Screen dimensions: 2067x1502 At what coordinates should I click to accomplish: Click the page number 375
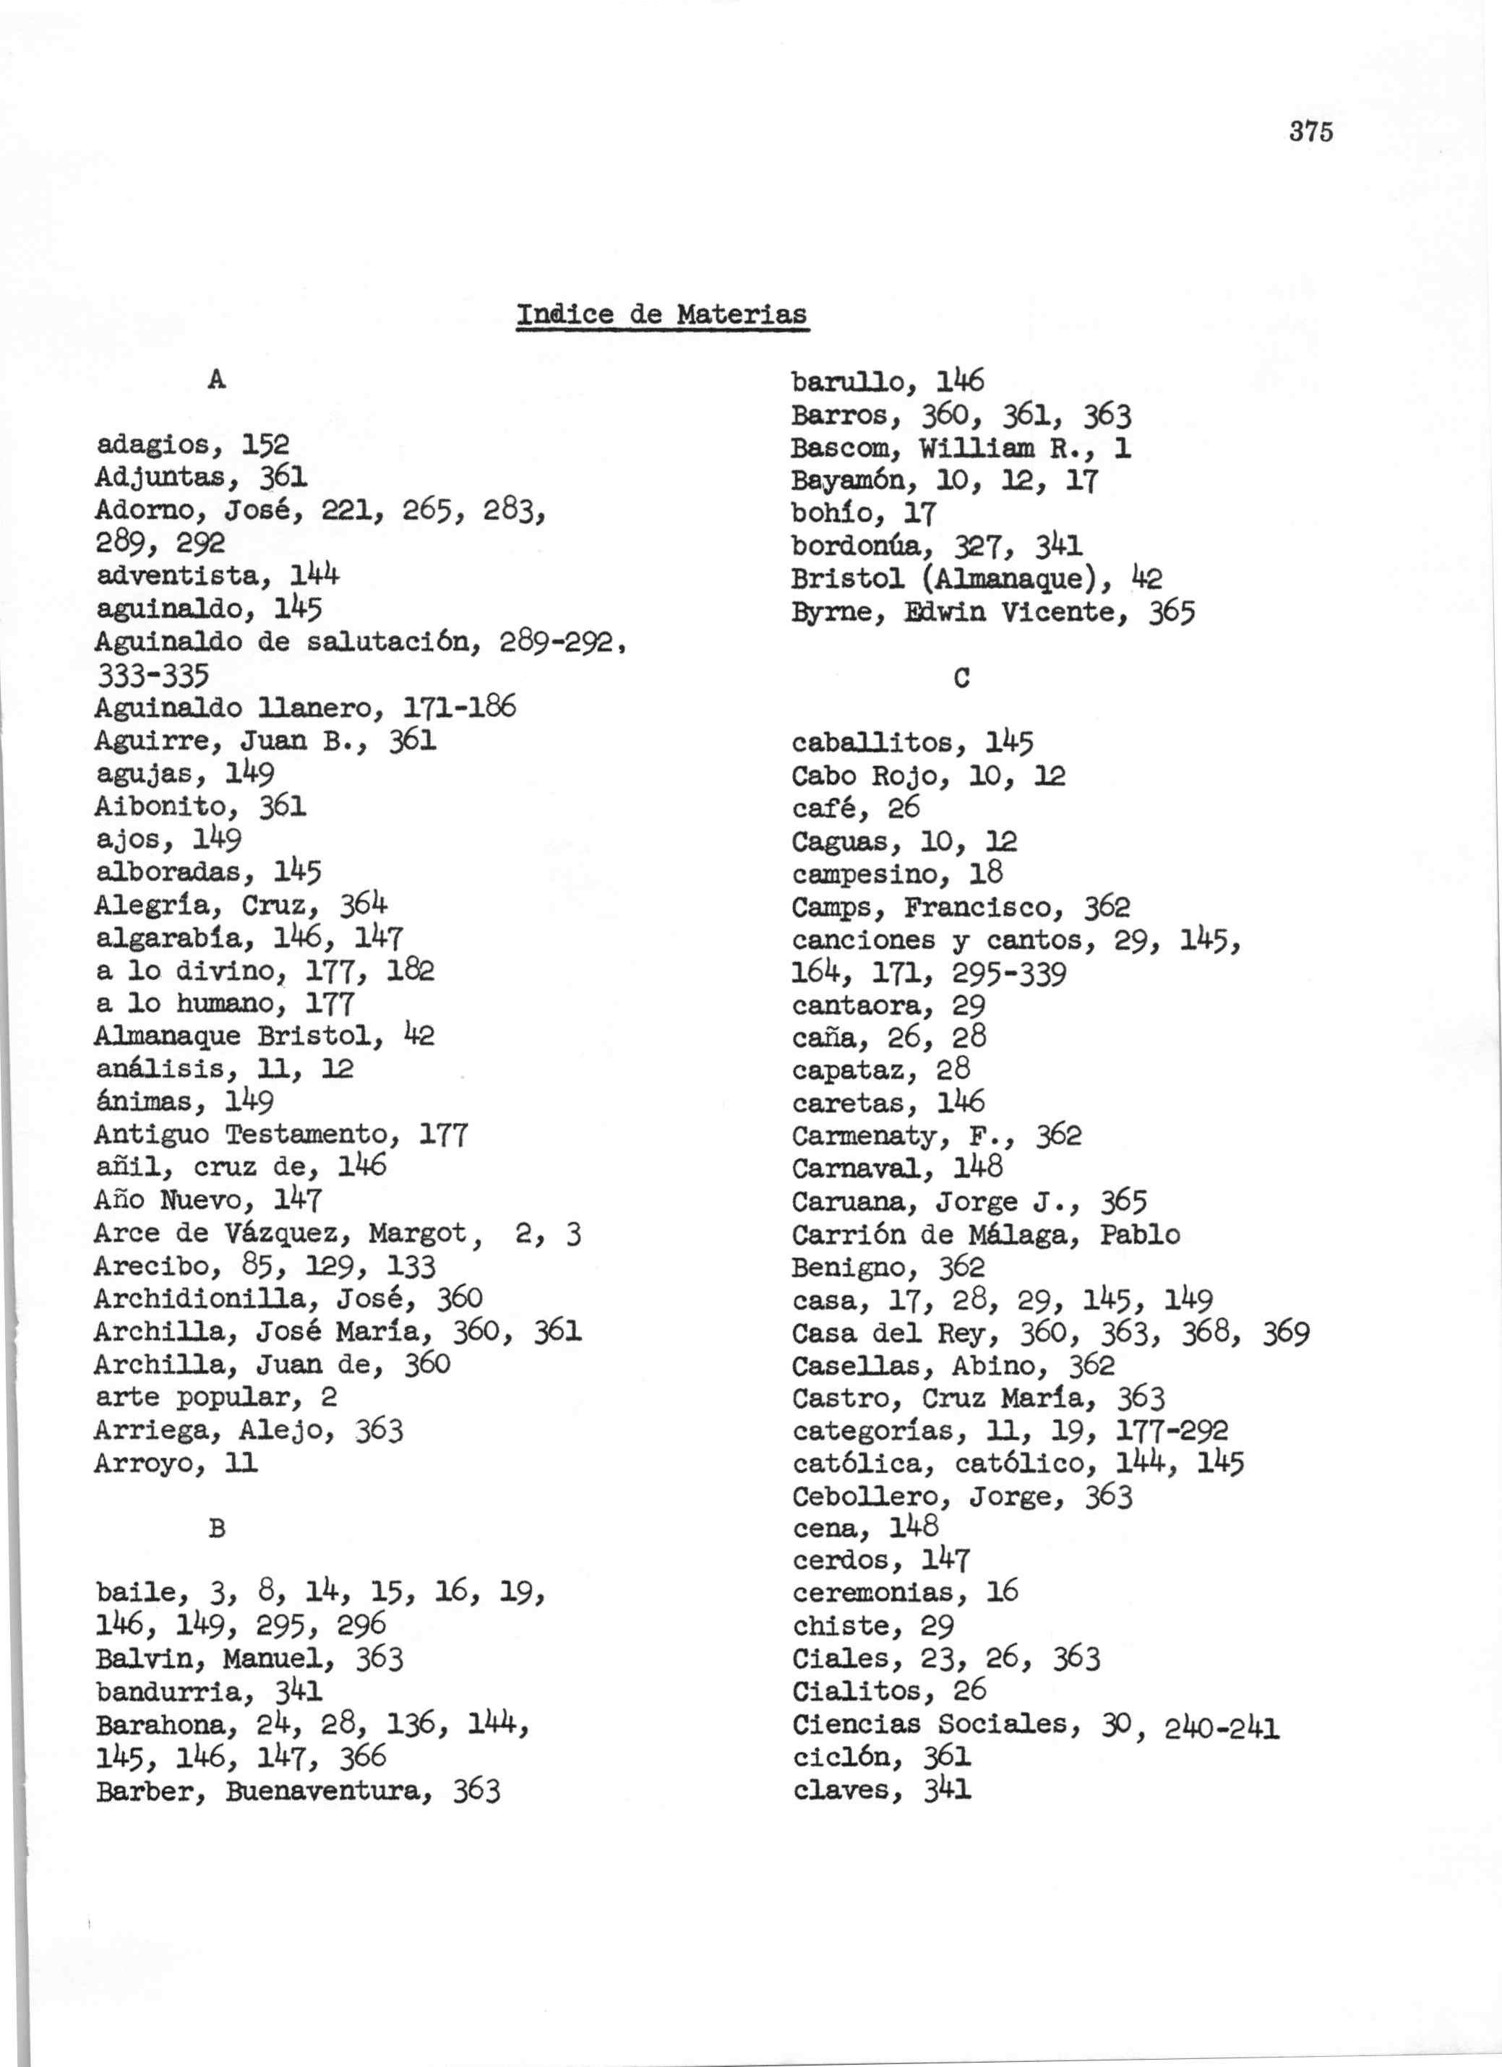click(x=1310, y=132)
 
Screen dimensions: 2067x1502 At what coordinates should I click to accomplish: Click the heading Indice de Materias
click(x=661, y=314)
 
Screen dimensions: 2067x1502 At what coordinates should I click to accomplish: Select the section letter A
click(x=216, y=380)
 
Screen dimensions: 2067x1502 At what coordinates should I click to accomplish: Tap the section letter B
click(x=216, y=1529)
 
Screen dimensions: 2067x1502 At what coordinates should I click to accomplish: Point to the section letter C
click(x=961, y=678)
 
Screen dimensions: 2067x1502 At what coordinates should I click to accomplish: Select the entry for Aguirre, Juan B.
click(x=227, y=741)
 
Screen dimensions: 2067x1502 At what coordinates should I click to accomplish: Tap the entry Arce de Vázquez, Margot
click(x=279, y=1233)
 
